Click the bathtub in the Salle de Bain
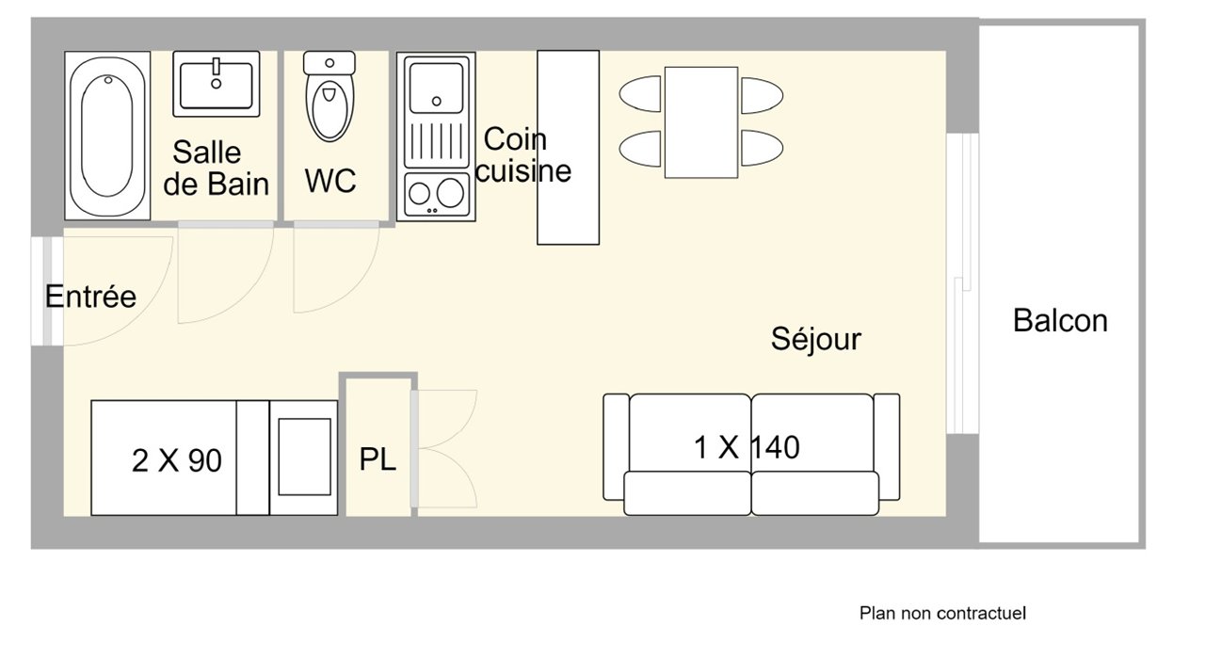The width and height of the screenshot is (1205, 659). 107,136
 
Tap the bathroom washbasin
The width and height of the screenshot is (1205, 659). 217,84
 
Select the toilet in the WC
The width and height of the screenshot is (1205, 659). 329,97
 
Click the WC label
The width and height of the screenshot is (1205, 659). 330,181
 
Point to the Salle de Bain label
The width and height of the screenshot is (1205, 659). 216,168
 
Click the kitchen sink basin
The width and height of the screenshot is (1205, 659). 436,88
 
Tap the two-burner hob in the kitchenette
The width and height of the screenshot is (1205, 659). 436,194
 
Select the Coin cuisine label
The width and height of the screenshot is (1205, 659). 522,155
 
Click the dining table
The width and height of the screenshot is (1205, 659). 701,122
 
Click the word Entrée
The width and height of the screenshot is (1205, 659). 90,297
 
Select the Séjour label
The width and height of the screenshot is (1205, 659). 815,339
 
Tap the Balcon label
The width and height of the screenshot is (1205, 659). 1060,321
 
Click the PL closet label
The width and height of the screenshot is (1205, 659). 378,459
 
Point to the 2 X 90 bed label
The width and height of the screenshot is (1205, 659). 176,461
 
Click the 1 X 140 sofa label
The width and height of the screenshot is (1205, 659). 747,447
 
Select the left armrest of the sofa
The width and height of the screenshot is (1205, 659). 616,446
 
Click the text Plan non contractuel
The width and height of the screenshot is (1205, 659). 942,613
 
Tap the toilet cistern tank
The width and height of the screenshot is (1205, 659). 329,63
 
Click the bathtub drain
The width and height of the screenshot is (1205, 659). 108,80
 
